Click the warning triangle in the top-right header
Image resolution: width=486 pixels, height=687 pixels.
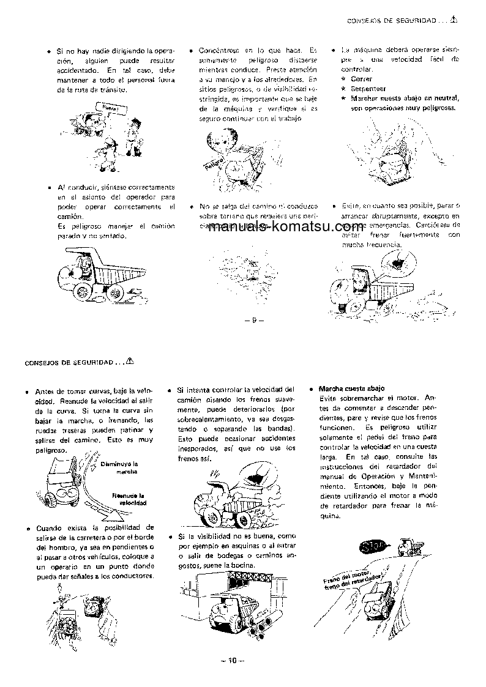tap(454, 20)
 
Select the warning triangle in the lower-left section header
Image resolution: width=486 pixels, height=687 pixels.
tap(129, 361)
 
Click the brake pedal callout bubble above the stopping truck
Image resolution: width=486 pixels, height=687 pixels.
tap(397, 264)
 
